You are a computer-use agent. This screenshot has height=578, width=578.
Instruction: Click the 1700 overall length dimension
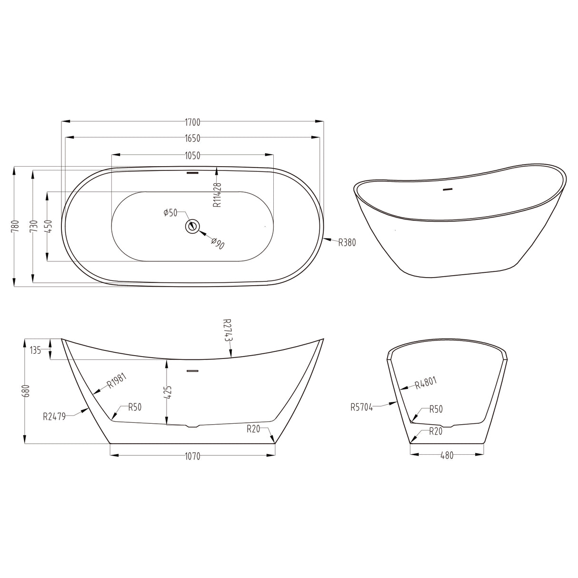(193, 122)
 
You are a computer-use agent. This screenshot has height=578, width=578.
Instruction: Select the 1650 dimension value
(193, 139)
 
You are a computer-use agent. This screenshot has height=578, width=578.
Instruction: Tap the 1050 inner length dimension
(193, 156)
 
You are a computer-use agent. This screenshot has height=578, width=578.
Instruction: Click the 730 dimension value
(33, 226)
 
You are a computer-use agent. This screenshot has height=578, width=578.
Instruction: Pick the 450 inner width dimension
(48, 226)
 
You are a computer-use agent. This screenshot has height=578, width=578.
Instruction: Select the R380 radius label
(347, 242)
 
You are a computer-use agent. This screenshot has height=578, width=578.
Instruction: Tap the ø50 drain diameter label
(170, 213)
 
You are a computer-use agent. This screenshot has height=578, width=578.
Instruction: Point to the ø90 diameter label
(218, 243)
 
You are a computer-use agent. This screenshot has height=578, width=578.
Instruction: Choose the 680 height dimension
(26, 391)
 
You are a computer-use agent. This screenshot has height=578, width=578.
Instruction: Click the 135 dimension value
(35, 350)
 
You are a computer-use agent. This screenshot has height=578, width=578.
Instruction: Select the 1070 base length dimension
(193, 457)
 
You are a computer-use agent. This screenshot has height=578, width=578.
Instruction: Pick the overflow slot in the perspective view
(447, 190)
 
